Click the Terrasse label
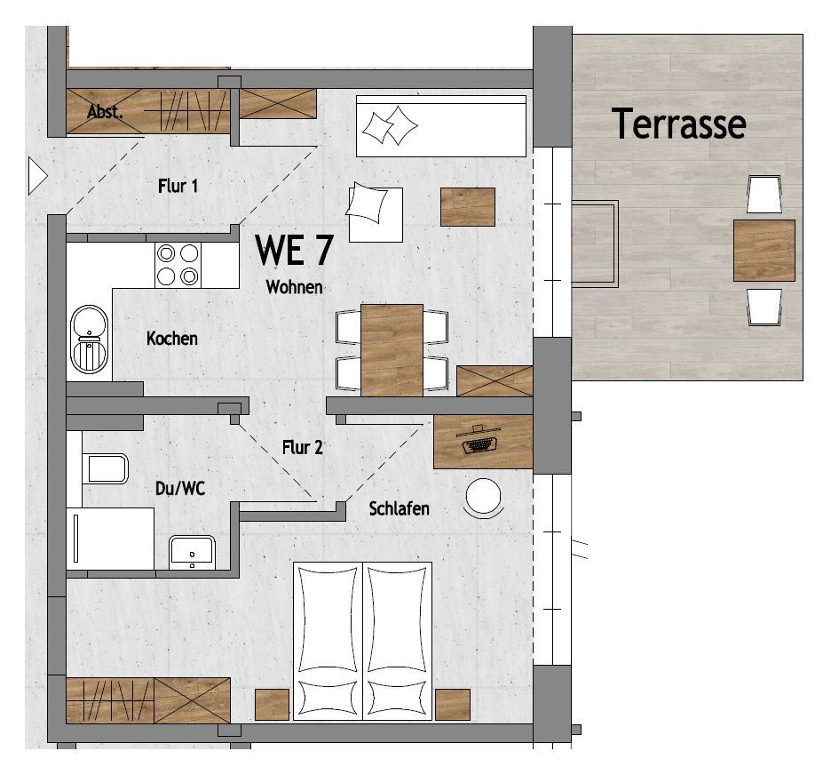[679, 123]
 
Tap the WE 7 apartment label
[294, 250]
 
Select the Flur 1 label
[178, 186]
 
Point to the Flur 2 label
[303, 447]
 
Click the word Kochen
[172, 339]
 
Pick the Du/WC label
[180, 488]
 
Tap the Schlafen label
[399, 508]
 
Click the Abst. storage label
[105, 112]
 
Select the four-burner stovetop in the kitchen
[178, 265]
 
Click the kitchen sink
[89, 340]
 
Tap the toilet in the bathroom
[106, 469]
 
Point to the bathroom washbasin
[192, 552]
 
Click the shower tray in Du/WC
[110, 539]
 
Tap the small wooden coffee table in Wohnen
[468, 207]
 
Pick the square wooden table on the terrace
[764, 251]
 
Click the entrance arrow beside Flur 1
[37, 176]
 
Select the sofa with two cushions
[441, 126]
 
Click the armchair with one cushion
[375, 213]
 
